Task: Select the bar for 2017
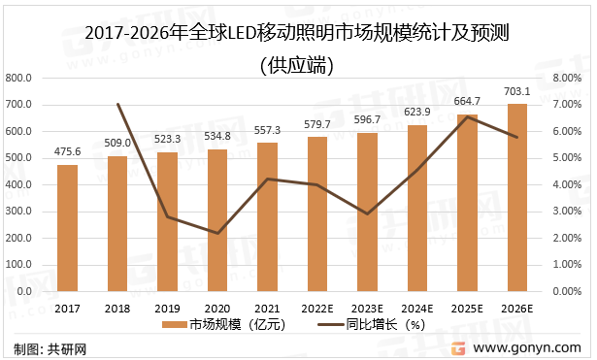pos(67,228)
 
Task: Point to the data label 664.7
pos(467,101)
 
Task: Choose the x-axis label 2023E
pos(367,308)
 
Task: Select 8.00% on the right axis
pos(565,78)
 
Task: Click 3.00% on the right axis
pos(565,211)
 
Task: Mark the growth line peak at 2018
pos(117,104)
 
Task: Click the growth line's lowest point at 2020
pos(217,233)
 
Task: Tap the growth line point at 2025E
pos(467,116)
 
